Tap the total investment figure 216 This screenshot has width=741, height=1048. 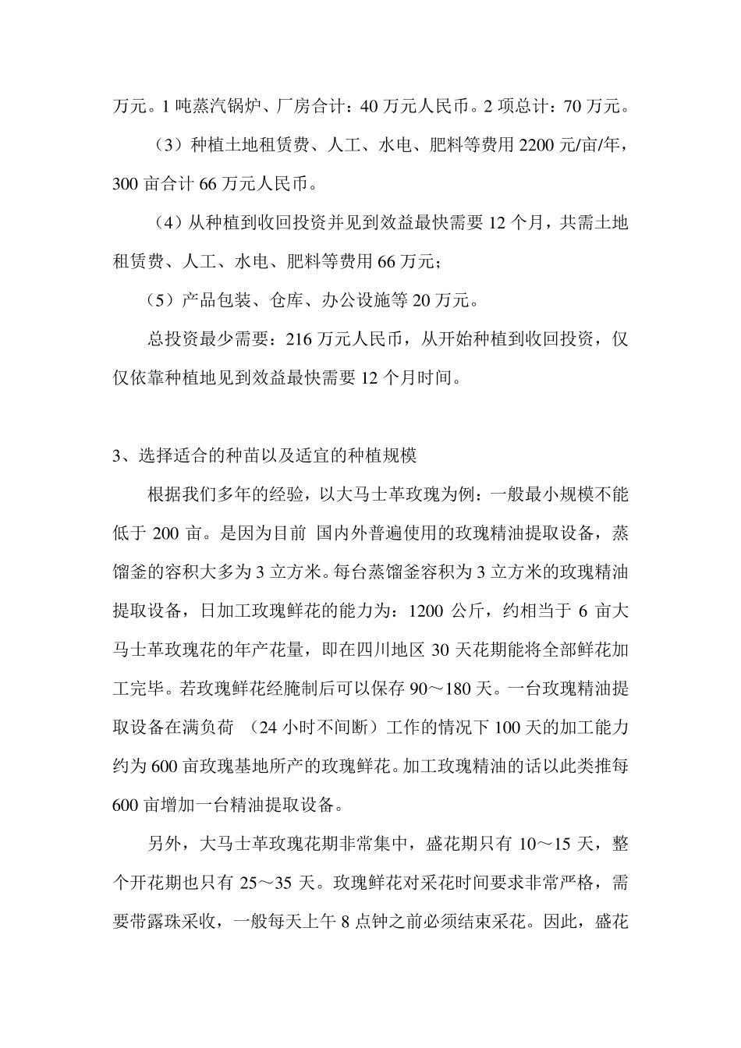[300, 340]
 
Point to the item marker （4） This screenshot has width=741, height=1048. [167, 223]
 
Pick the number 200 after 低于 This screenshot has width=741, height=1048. [166, 533]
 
